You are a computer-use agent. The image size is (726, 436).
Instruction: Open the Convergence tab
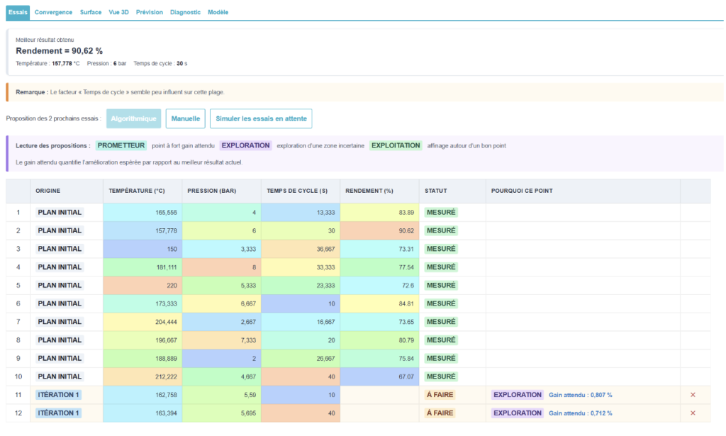click(53, 13)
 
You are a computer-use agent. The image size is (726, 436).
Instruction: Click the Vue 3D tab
click(118, 13)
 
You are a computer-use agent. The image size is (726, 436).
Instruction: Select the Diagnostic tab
click(185, 13)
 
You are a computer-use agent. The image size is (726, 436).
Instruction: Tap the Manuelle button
click(186, 118)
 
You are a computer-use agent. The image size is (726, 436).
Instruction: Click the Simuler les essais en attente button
click(261, 118)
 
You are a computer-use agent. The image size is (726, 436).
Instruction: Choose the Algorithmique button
click(134, 118)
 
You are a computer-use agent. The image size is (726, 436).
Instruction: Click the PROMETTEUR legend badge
click(121, 145)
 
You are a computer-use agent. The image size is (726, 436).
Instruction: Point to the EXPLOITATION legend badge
click(396, 145)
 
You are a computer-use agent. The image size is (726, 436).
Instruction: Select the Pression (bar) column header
click(211, 191)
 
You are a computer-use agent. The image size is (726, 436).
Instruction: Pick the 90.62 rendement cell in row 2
click(380, 230)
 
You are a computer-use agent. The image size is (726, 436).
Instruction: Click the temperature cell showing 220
click(143, 286)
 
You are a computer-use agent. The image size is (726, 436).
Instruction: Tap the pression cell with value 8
click(222, 267)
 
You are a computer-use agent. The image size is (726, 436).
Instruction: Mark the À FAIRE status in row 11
click(440, 395)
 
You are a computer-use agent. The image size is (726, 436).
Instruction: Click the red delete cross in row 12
click(693, 413)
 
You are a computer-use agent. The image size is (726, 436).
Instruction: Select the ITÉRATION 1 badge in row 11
click(59, 395)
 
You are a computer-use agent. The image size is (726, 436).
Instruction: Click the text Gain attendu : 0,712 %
click(581, 413)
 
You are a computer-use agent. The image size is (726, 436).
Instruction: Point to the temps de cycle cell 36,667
click(301, 249)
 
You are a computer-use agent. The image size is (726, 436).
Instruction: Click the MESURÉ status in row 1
click(441, 213)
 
